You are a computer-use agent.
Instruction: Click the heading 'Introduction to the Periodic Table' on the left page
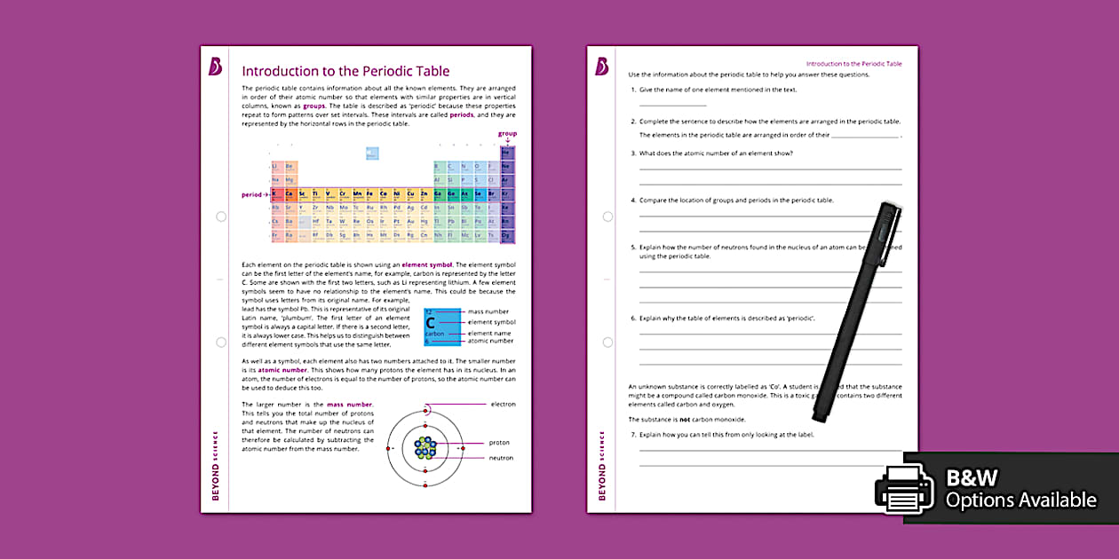(x=345, y=71)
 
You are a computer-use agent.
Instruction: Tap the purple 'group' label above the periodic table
(x=506, y=134)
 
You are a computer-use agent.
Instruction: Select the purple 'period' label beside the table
(x=252, y=194)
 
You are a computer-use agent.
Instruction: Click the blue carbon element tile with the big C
(x=441, y=326)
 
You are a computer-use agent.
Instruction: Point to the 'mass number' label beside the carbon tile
(x=488, y=312)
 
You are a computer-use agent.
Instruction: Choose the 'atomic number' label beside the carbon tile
(x=490, y=341)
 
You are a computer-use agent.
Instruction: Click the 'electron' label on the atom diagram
(x=503, y=405)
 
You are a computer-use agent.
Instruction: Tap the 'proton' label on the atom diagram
(x=498, y=442)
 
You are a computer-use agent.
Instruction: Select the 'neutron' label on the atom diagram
(x=500, y=458)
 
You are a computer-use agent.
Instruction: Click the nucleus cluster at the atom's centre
(x=426, y=446)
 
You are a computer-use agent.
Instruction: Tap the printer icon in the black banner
(x=904, y=489)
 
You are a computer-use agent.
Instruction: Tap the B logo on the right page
(x=601, y=67)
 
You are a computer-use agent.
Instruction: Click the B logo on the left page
(x=215, y=67)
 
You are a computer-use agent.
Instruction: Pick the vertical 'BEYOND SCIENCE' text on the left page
(x=215, y=466)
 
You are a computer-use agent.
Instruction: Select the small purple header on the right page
(x=853, y=64)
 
